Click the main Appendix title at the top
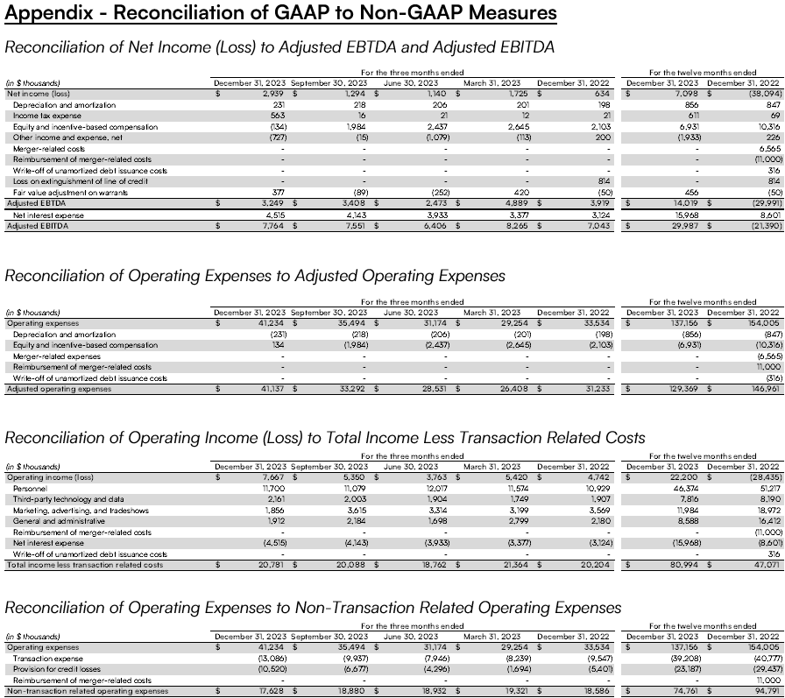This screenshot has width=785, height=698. click(x=280, y=13)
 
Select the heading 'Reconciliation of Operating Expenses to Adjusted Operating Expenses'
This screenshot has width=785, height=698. click(x=255, y=276)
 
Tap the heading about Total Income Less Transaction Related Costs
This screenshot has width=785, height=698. click(x=325, y=437)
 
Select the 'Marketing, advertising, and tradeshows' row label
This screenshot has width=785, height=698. click(x=81, y=510)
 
